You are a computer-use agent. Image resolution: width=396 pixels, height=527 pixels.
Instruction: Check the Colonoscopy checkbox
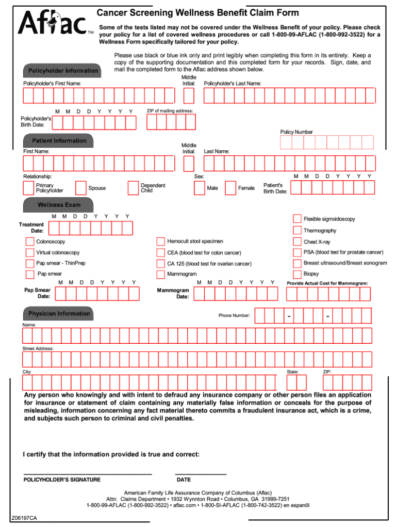[x=30, y=242]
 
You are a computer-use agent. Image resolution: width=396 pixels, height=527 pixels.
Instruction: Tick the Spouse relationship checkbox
[x=81, y=188]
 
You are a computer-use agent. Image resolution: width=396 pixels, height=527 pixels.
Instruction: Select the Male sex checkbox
[x=199, y=188]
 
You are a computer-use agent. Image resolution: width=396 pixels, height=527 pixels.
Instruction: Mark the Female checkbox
[x=230, y=188]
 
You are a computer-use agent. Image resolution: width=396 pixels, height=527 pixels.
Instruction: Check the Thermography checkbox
[x=297, y=230]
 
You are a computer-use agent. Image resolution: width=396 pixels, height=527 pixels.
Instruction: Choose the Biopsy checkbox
[x=297, y=274]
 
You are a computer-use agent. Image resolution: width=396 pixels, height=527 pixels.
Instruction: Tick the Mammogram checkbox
[x=161, y=274]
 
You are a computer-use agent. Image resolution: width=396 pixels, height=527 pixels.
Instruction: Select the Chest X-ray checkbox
[x=297, y=242]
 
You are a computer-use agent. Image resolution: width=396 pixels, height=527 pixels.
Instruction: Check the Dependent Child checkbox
[x=133, y=188]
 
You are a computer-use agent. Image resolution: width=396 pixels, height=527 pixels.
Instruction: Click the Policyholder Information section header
[x=62, y=70]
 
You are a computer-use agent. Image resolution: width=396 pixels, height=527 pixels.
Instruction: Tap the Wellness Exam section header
[x=58, y=205]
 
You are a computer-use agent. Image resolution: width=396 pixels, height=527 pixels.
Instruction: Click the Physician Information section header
[x=58, y=314]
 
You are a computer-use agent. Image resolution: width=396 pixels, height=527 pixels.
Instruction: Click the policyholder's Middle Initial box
[x=189, y=95]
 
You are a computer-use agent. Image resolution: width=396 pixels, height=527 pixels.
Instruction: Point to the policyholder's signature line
[x=88, y=473]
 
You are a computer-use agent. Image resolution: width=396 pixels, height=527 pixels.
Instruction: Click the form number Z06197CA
[x=24, y=518]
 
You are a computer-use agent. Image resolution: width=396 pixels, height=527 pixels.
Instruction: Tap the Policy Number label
[x=296, y=132]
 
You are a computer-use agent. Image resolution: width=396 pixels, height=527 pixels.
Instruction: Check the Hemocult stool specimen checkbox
[x=161, y=242]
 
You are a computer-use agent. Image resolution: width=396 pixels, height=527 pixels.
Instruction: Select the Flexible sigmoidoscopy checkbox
[x=297, y=219]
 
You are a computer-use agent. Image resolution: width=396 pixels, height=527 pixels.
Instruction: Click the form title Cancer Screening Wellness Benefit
[x=197, y=13]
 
